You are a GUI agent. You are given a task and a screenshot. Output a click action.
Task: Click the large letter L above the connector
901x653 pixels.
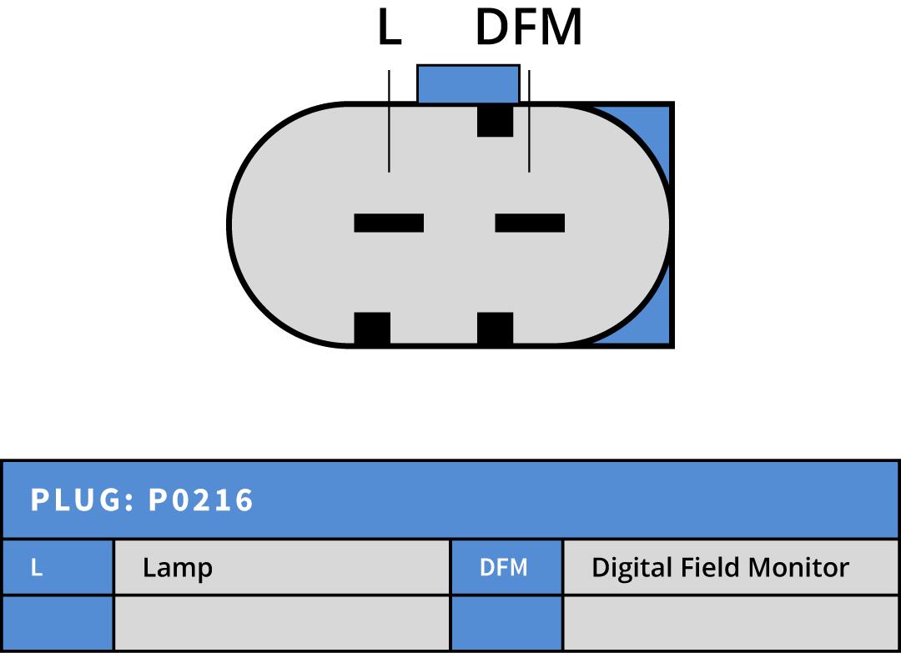tap(390, 28)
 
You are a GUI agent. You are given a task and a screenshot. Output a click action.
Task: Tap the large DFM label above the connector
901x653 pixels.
tap(528, 28)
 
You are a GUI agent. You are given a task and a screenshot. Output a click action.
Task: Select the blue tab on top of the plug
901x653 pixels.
tap(467, 83)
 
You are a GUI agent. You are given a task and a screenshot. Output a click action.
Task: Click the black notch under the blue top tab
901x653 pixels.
tap(495, 120)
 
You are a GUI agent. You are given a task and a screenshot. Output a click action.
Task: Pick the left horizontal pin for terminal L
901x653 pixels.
tap(389, 223)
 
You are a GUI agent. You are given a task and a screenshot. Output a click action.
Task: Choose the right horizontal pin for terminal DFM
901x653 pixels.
tap(530, 223)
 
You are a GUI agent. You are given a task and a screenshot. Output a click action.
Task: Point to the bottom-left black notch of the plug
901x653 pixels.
tap(372, 328)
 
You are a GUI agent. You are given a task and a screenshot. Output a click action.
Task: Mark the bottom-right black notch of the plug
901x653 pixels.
tap(495, 328)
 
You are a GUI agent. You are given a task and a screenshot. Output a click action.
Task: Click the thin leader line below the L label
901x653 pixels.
tap(390, 122)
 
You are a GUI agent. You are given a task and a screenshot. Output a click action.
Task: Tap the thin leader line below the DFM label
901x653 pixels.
tap(529, 122)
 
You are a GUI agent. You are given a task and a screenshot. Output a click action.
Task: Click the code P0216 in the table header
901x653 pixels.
tap(201, 500)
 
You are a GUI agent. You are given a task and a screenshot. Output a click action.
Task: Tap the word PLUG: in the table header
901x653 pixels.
tap(83, 500)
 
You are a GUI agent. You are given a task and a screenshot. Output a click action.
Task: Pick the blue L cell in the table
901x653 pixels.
tap(58, 567)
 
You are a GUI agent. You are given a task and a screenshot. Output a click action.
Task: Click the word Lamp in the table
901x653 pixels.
tap(178, 568)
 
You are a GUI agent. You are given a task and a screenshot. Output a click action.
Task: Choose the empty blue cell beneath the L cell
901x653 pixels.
tap(58, 622)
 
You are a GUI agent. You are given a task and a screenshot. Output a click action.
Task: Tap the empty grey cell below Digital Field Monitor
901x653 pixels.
tap(731, 622)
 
